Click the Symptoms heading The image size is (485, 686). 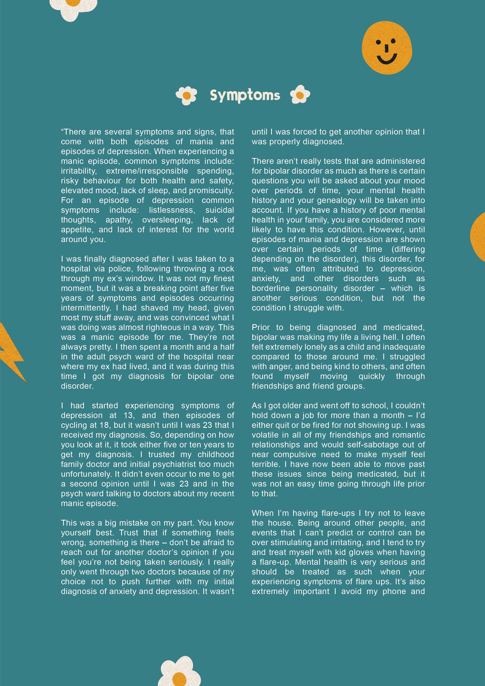tap(245, 95)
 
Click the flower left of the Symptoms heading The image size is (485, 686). tap(186, 96)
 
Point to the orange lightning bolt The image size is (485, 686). tap(12, 353)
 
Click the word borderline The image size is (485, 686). tap(271, 288)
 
